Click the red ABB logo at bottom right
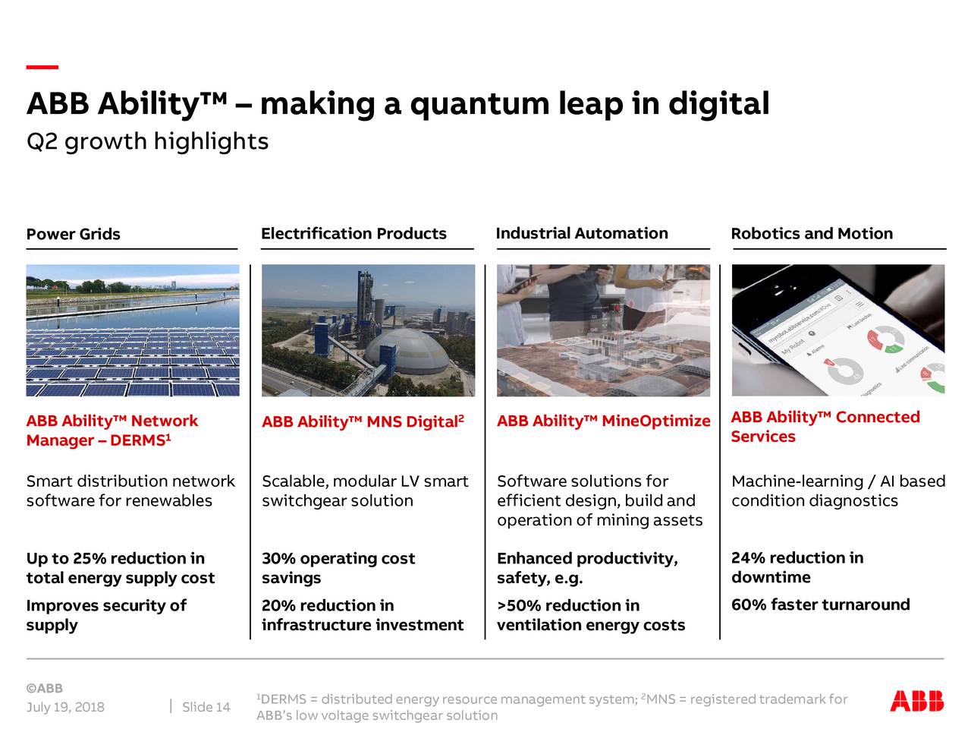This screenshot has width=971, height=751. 916,701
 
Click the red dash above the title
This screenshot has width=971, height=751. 42,68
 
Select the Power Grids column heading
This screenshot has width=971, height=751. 73,234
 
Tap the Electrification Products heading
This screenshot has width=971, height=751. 354,234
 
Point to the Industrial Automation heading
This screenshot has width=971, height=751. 582,233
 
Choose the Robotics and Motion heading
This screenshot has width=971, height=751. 812,234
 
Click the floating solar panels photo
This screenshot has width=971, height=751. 133,331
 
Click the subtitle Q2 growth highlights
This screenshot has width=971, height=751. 147,141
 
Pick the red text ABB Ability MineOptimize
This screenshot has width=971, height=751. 603,421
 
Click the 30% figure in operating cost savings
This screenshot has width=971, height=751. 278,559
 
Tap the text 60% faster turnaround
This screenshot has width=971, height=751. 820,605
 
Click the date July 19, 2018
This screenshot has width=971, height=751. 65,707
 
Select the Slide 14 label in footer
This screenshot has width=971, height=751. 206,707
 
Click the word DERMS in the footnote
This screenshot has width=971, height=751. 283,699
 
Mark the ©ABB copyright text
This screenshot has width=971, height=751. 44,689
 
